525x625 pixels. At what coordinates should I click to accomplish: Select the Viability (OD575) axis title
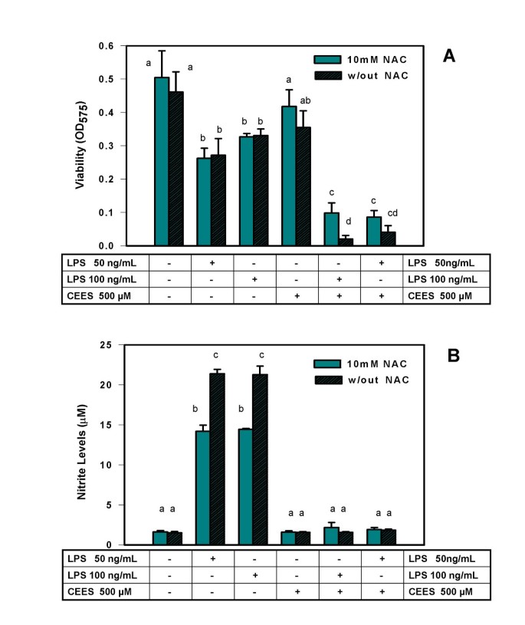(84, 146)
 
